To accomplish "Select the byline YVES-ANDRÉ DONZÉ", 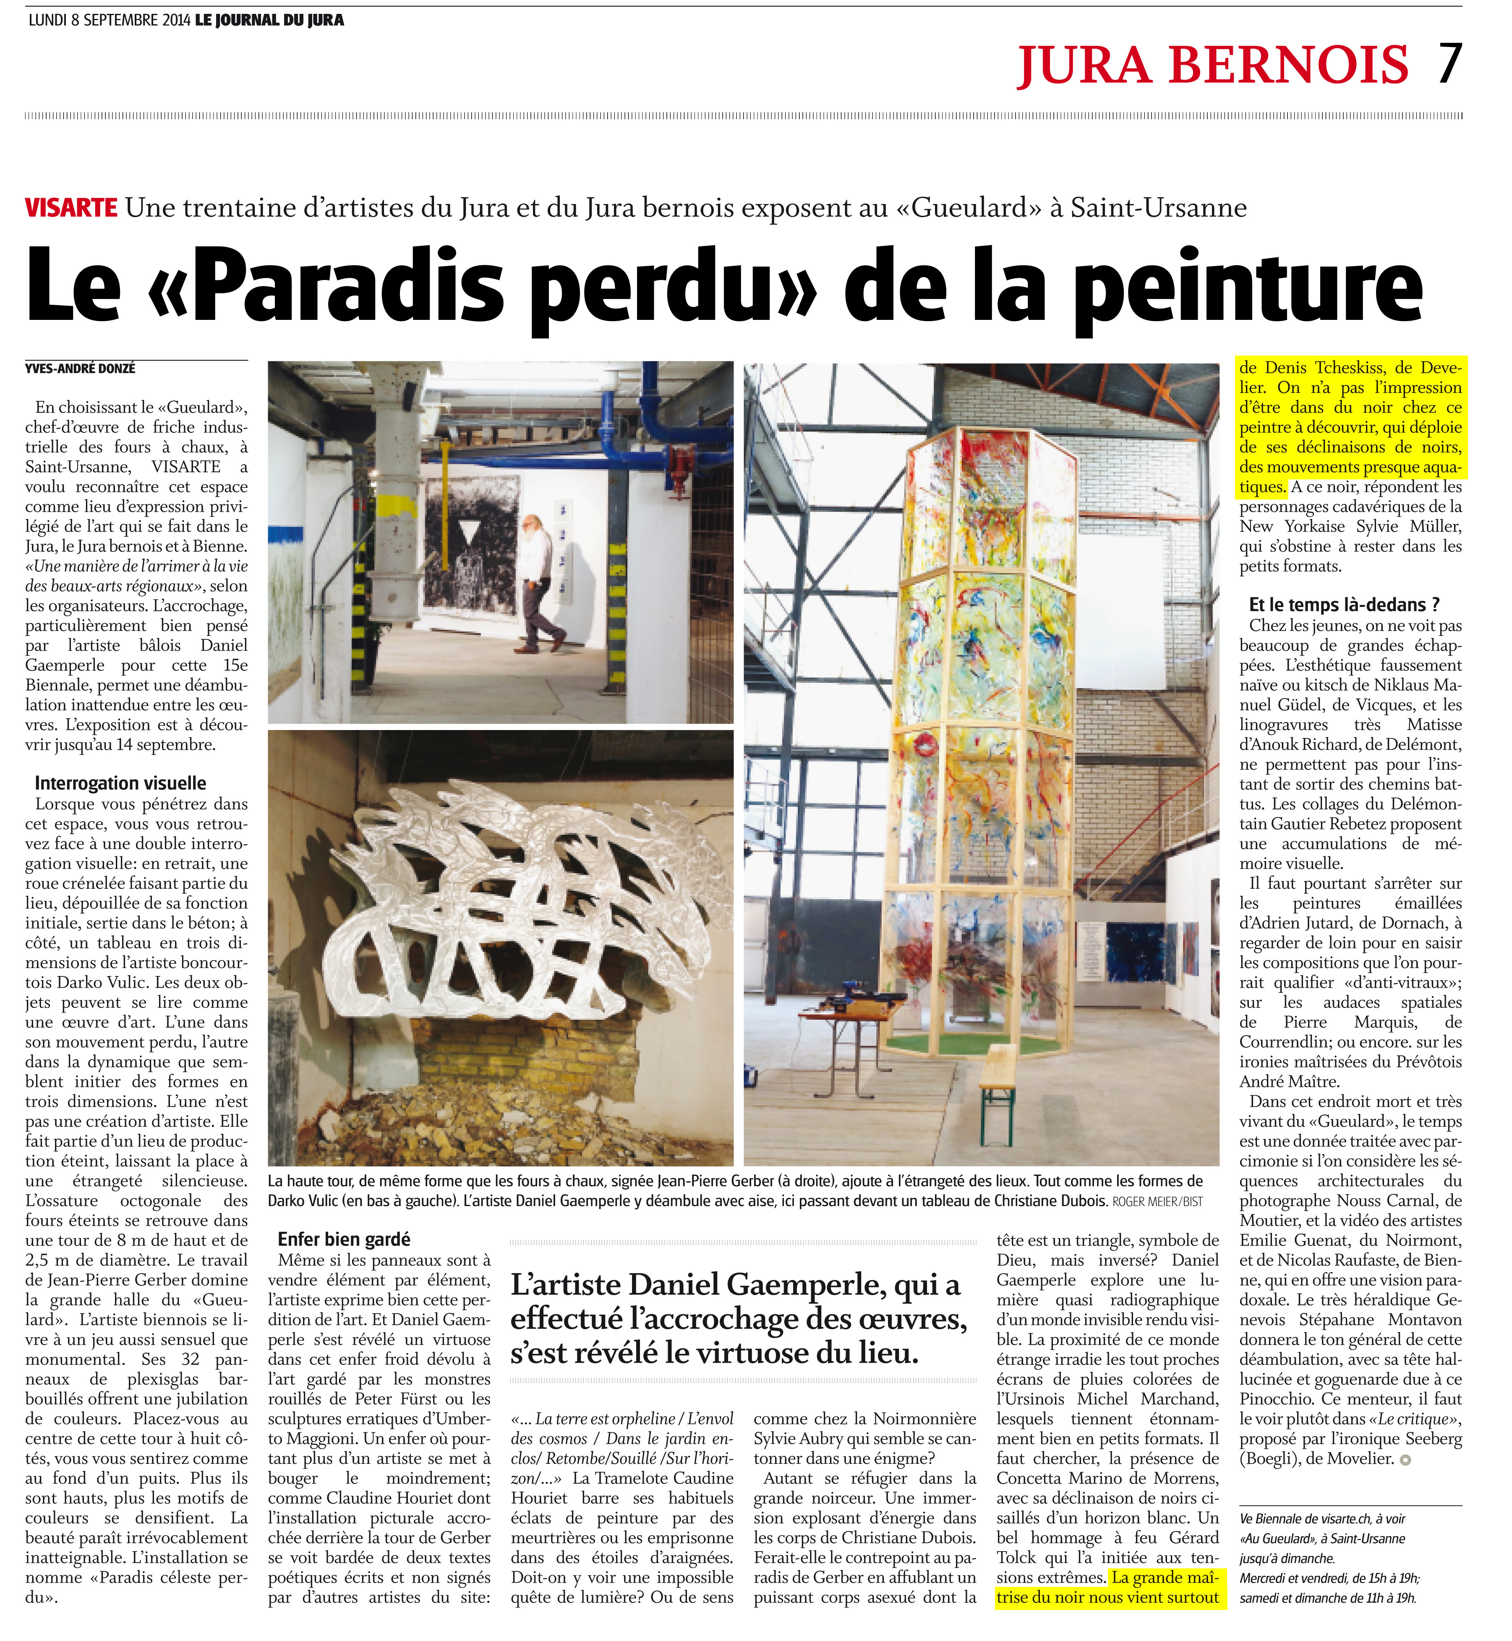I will tap(80, 369).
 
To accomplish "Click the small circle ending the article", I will tap(1406, 1460).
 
